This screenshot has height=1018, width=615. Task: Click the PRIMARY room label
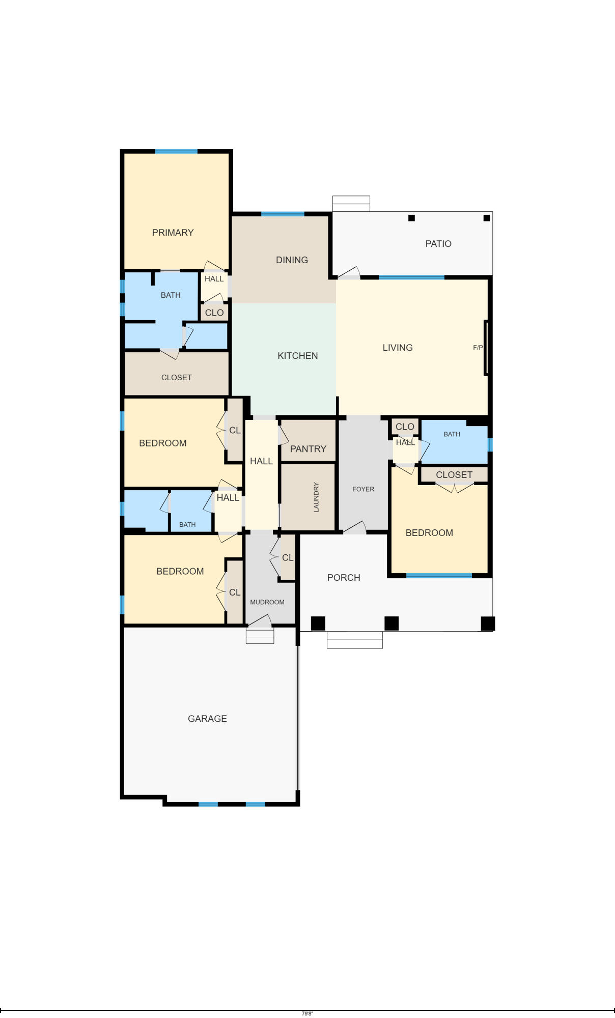click(x=173, y=233)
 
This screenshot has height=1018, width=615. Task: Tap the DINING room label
click(x=292, y=260)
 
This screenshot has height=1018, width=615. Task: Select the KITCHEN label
click(x=297, y=356)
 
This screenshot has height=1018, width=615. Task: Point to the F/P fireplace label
click(x=478, y=348)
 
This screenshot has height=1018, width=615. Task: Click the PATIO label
click(x=438, y=244)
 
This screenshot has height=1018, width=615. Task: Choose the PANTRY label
click(x=308, y=449)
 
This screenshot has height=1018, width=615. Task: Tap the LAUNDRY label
click(x=316, y=497)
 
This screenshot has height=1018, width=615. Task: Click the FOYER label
click(x=363, y=489)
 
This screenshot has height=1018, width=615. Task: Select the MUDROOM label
click(x=267, y=602)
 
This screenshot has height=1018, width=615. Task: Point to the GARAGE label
click(x=207, y=719)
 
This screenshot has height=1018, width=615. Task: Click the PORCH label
click(x=344, y=578)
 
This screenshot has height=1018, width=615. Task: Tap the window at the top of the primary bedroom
click(x=176, y=151)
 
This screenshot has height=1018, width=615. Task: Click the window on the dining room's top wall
click(x=283, y=214)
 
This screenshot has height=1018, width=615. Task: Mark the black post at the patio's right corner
click(x=487, y=218)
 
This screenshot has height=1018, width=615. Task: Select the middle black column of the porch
click(x=391, y=623)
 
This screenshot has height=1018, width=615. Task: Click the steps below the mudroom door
click(x=260, y=636)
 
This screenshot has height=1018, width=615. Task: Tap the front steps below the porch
click(x=354, y=640)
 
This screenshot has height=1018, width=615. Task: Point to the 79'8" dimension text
click(x=307, y=1013)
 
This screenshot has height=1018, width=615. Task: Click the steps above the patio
click(x=351, y=203)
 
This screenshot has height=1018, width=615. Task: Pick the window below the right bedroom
click(x=439, y=576)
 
